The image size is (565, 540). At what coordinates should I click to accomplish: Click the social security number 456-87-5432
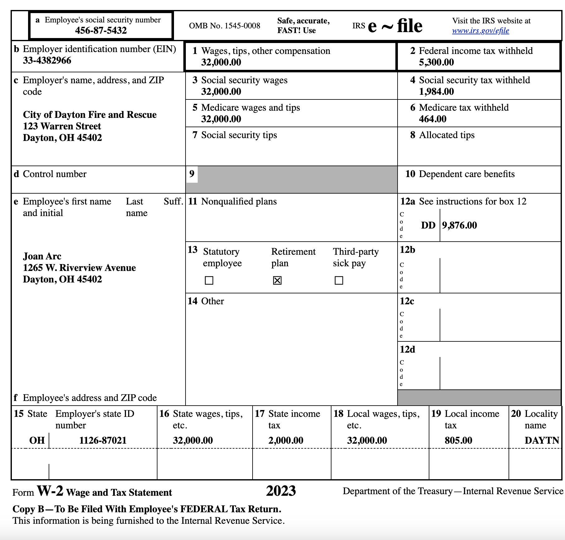coord(101,31)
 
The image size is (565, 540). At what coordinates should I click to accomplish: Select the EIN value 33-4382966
coord(47,60)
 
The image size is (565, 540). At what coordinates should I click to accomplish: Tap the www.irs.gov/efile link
coord(480,31)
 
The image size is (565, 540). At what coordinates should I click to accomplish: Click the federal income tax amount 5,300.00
coord(436,62)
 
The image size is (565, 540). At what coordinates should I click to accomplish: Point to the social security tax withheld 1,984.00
coord(436,92)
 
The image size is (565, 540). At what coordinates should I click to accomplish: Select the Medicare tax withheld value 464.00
coord(432,119)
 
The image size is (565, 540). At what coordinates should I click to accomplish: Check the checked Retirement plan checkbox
coord(277,281)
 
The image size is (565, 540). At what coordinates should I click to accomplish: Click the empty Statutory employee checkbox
coord(209,281)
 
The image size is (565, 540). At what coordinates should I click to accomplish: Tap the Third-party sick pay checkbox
coord(339,281)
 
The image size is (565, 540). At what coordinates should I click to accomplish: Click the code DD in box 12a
coord(428,225)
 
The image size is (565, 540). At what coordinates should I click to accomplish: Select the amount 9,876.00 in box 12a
coord(459,225)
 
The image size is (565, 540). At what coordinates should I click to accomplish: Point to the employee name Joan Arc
coord(42,256)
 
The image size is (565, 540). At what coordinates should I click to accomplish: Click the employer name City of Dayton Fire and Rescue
coord(90,115)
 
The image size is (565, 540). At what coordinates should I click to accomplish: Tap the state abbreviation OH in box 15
coord(37,440)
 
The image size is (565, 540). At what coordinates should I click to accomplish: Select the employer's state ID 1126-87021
coord(103,440)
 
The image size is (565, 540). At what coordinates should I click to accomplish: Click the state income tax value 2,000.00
coord(286,440)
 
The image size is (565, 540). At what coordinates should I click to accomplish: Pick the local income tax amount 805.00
coord(458,440)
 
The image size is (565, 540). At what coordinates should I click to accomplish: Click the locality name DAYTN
coord(542,440)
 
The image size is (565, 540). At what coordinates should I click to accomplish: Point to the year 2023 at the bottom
coord(281,491)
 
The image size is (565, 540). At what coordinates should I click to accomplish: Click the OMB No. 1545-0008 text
coord(225,26)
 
